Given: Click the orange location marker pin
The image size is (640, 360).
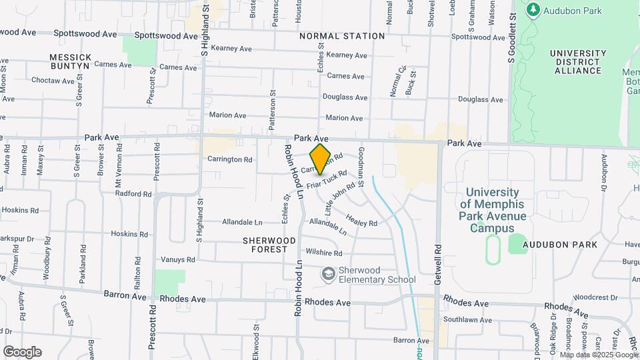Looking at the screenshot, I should (x=320, y=159).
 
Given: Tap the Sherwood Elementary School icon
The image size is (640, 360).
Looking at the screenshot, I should (x=328, y=274).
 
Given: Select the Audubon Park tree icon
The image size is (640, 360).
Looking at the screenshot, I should (x=533, y=10).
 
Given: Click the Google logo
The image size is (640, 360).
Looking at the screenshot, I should (x=22, y=351).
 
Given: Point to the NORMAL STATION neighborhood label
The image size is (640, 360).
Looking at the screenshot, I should (x=342, y=36).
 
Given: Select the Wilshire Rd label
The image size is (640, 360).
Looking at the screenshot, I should (x=323, y=253).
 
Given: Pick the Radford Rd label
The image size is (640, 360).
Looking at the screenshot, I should (x=133, y=193).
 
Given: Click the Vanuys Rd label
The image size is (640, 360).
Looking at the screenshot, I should (x=178, y=259).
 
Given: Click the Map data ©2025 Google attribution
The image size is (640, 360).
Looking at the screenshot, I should (x=599, y=355).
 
